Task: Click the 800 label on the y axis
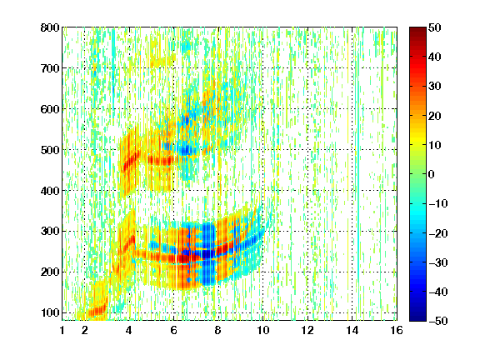click(50, 27)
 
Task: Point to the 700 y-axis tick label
click(50, 68)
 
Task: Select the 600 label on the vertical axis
click(50, 109)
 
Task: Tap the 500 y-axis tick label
click(50, 150)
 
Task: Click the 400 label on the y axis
click(50, 191)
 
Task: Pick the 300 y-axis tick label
click(50, 232)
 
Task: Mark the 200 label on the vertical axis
click(50, 272)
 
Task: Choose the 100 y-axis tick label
click(50, 312)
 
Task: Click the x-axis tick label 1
click(62, 331)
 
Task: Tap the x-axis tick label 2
click(85, 331)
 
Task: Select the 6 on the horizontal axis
click(174, 331)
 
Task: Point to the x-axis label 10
click(263, 331)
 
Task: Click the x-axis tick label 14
click(352, 331)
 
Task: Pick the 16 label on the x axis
click(397, 331)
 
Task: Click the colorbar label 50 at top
click(434, 27)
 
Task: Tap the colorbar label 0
click(432, 174)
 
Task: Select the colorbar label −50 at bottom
click(438, 321)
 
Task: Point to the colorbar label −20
click(438, 233)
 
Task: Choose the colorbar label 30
click(434, 87)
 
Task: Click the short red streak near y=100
click(97, 311)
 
